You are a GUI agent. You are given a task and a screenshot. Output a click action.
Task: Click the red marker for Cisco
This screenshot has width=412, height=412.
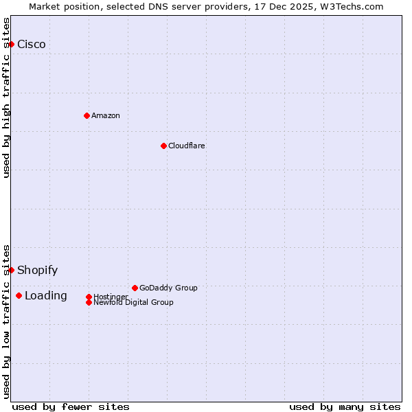11,44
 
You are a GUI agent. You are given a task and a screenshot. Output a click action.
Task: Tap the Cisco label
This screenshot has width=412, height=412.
32,45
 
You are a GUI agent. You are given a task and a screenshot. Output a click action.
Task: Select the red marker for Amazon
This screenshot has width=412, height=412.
87,115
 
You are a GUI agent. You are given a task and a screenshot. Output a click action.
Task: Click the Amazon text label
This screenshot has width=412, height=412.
106,115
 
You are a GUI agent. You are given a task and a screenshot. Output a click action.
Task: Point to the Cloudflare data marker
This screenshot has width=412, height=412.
163,146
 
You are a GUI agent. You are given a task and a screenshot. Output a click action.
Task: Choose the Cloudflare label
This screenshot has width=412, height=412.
187,146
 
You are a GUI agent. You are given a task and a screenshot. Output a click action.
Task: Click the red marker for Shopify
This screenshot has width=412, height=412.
11,270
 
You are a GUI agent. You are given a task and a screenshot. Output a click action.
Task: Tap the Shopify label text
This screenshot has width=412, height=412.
38,271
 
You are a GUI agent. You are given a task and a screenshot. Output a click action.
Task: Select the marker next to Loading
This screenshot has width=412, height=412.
19,295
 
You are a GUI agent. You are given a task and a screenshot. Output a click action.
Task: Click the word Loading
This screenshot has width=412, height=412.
46,296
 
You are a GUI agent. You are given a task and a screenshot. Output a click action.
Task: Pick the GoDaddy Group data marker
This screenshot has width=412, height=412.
135,288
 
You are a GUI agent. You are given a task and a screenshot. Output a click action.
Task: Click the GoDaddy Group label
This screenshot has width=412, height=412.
168,288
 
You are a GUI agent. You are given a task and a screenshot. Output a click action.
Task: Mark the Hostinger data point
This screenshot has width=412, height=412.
89,297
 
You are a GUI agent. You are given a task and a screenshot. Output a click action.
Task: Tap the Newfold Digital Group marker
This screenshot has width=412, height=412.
89,302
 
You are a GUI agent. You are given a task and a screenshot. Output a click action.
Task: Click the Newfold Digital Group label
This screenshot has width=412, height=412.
133,302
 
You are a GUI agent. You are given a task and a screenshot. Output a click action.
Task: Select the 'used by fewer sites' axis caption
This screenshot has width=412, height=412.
71,407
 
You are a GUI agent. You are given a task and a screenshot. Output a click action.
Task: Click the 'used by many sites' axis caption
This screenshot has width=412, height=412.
345,407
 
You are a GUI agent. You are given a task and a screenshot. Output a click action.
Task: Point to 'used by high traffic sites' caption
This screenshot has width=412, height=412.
7,98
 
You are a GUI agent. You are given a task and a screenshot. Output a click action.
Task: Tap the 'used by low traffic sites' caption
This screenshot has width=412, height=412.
7,321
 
